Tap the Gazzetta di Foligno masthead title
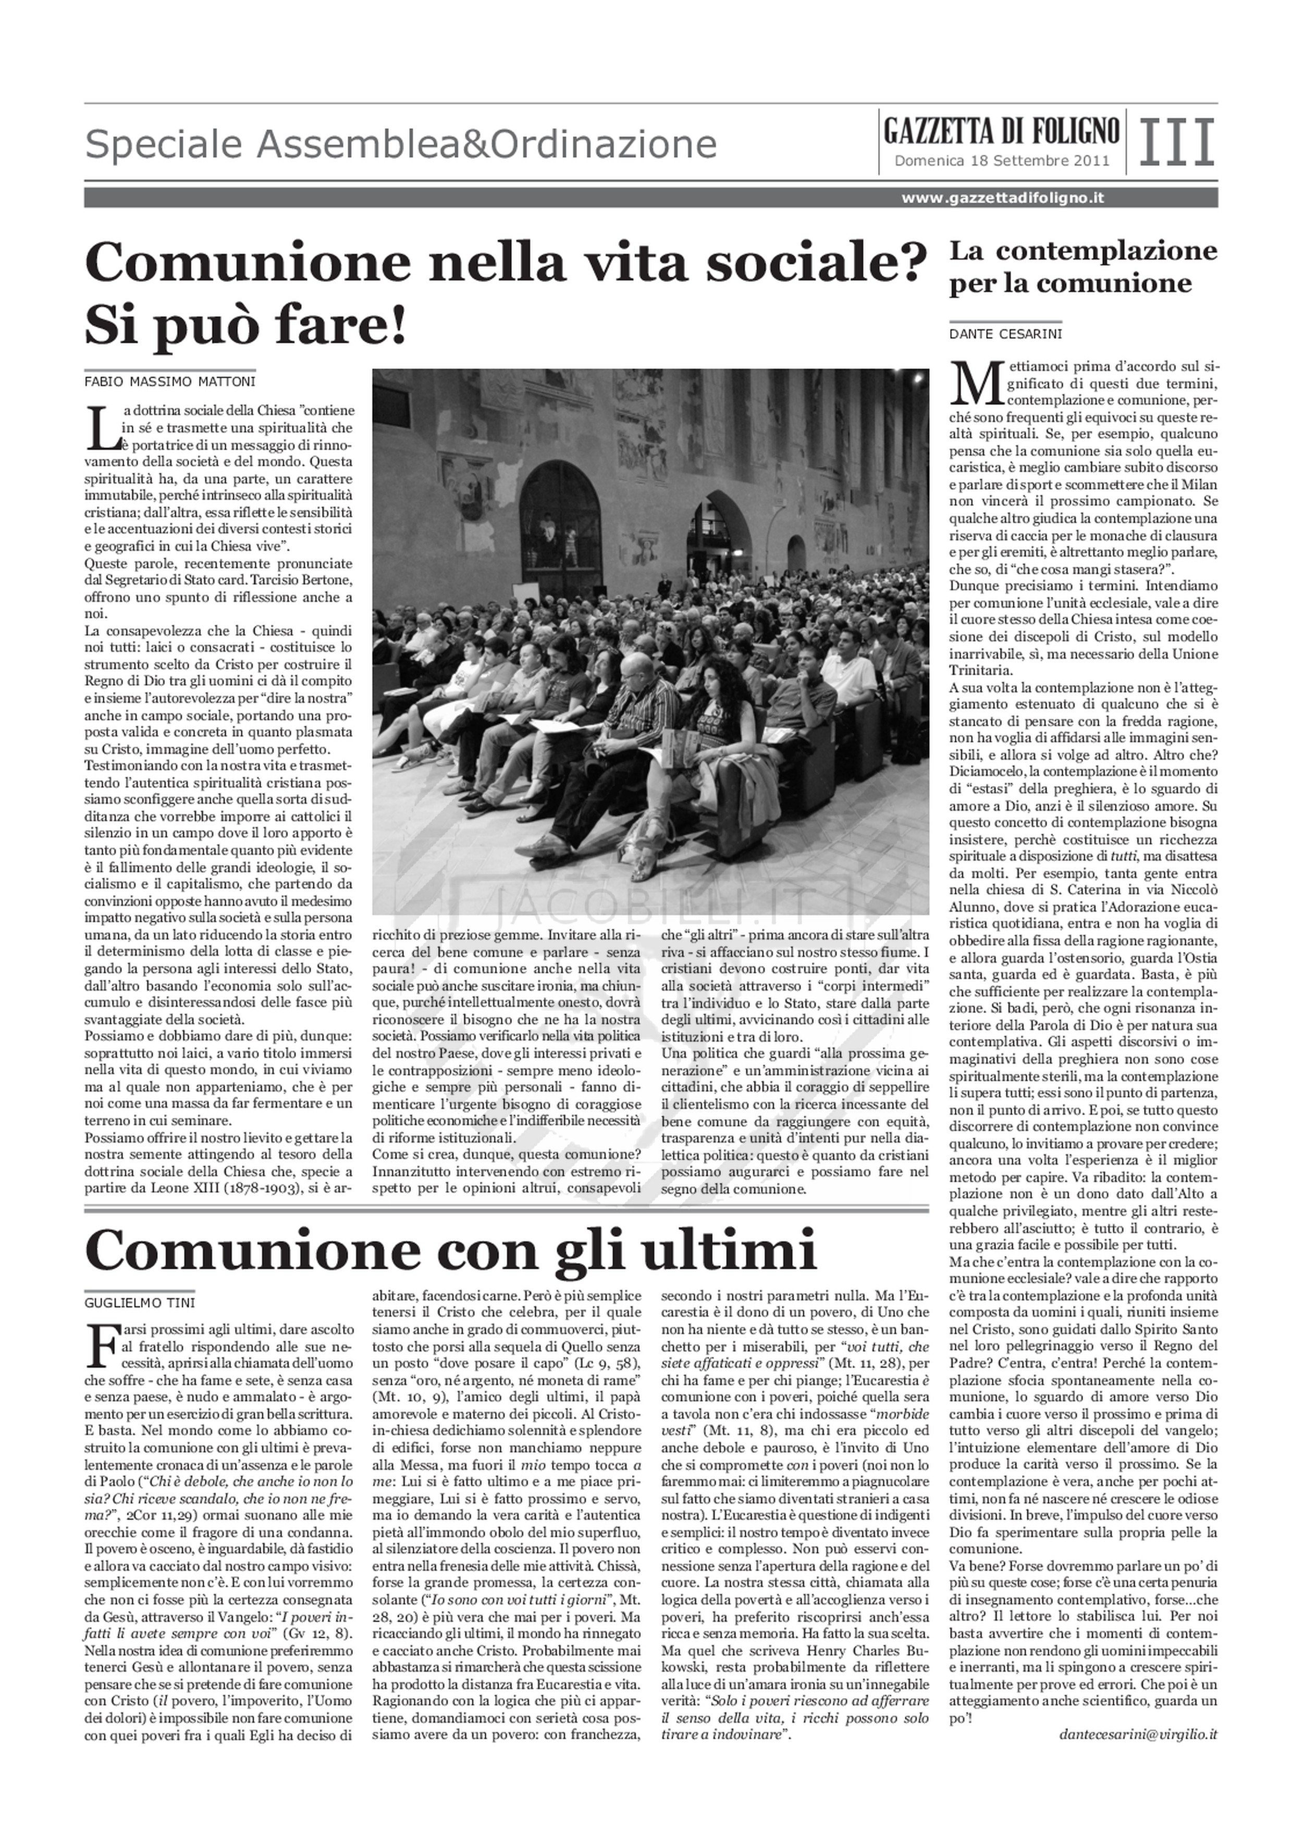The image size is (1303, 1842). (1001, 130)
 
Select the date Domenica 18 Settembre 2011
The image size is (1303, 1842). (1001, 160)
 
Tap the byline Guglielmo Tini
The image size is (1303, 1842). (140, 1302)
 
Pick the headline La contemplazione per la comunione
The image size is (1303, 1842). (1083, 267)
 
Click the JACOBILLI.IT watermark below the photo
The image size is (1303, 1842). (650, 908)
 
